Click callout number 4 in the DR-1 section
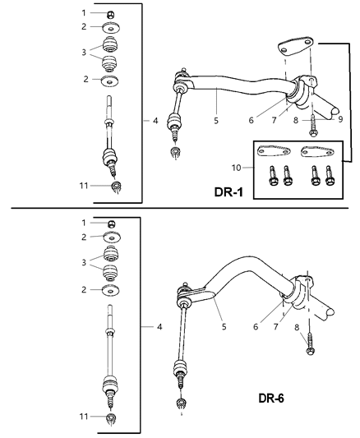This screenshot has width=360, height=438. click(x=155, y=121)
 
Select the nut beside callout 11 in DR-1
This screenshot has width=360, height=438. click(x=117, y=188)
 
